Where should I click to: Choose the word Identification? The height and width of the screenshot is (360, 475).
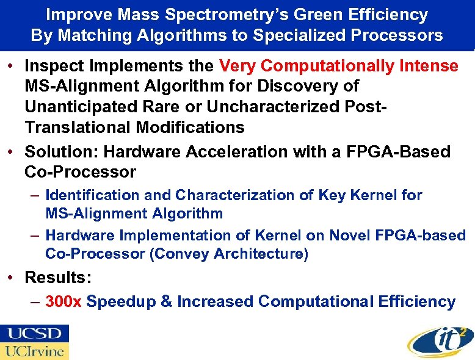[x=93, y=195]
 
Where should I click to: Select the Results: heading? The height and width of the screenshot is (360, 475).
[x=59, y=278]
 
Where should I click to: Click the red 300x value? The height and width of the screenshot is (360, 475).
[x=63, y=301]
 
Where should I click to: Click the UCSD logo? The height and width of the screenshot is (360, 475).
[x=35, y=334]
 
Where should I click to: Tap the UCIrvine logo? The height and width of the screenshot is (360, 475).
[x=35, y=351]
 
